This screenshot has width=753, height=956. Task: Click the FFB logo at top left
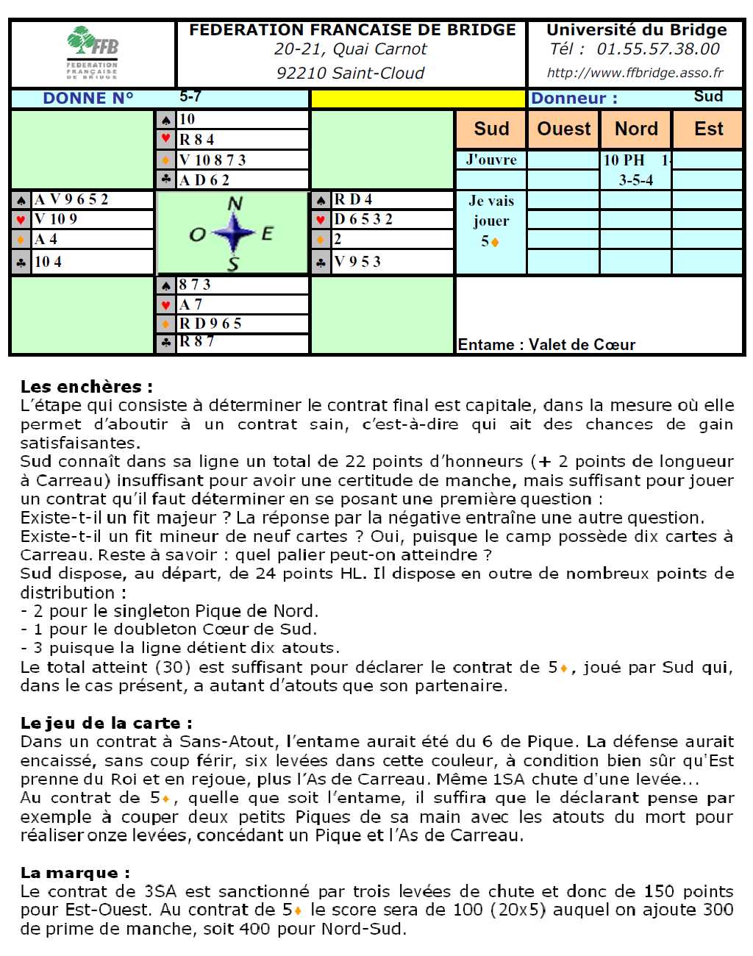pos(93,53)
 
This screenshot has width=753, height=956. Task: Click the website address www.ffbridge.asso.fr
pos(635,73)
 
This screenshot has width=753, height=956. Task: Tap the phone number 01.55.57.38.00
pos(658,49)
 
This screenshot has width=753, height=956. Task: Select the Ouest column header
pos(563,129)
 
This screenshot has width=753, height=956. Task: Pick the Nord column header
pos(636,129)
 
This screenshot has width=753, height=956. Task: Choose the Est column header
pos(708,129)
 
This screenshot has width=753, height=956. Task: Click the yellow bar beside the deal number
pos(418,99)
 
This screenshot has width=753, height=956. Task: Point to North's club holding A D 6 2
pos(205,180)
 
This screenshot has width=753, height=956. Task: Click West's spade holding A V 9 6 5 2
pos(72,199)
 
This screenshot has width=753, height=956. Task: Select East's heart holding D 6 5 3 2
pos(364,219)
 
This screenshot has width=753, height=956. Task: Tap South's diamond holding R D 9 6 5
pos(211,324)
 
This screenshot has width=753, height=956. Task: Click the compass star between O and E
pos(234,234)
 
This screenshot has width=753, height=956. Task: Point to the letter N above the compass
pos(235,204)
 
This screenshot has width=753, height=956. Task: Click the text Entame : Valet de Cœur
pos(546,344)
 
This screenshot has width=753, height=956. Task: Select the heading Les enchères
pos(87,386)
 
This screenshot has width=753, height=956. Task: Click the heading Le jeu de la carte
pos(106,723)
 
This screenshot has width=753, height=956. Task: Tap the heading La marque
pos(75,873)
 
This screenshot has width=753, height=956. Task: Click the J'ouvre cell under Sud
pos(491,160)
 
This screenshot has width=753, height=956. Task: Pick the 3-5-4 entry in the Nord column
pos(635,179)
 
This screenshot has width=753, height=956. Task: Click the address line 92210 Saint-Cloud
pos(350,73)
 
